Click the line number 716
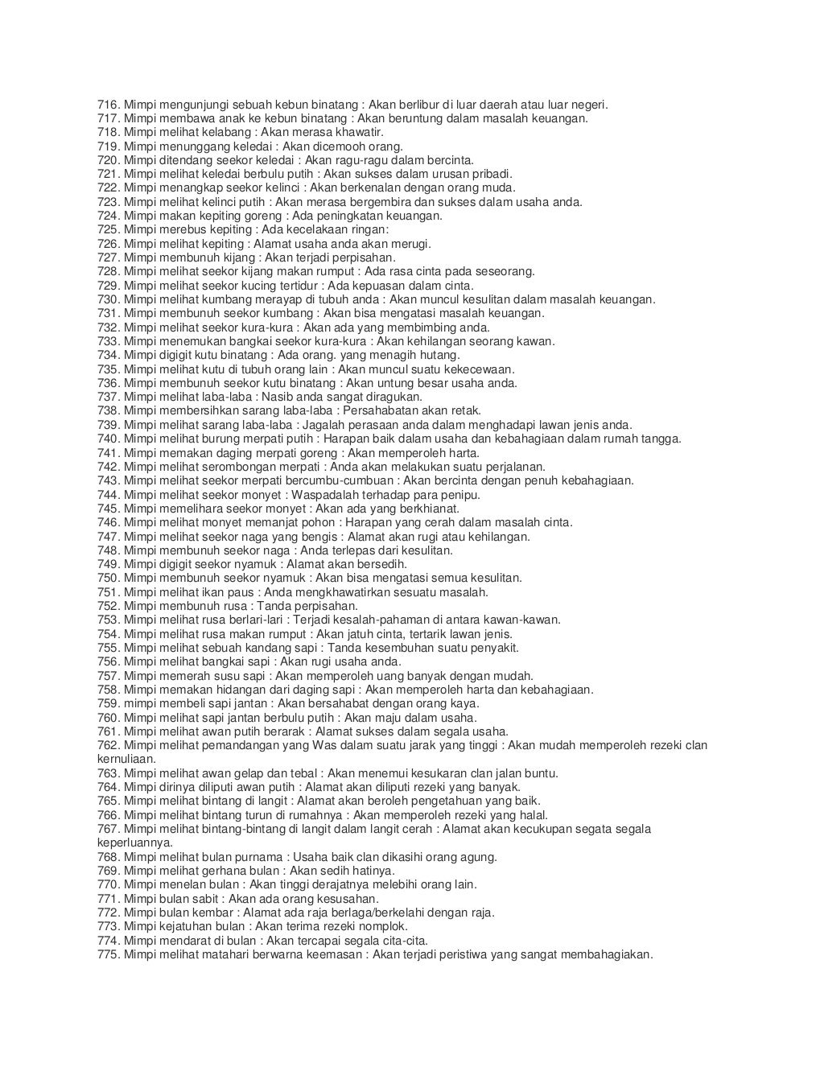(x=108, y=105)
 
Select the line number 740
(x=108, y=439)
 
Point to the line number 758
(x=108, y=690)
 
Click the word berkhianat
(x=432, y=509)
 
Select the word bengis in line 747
(x=320, y=536)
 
